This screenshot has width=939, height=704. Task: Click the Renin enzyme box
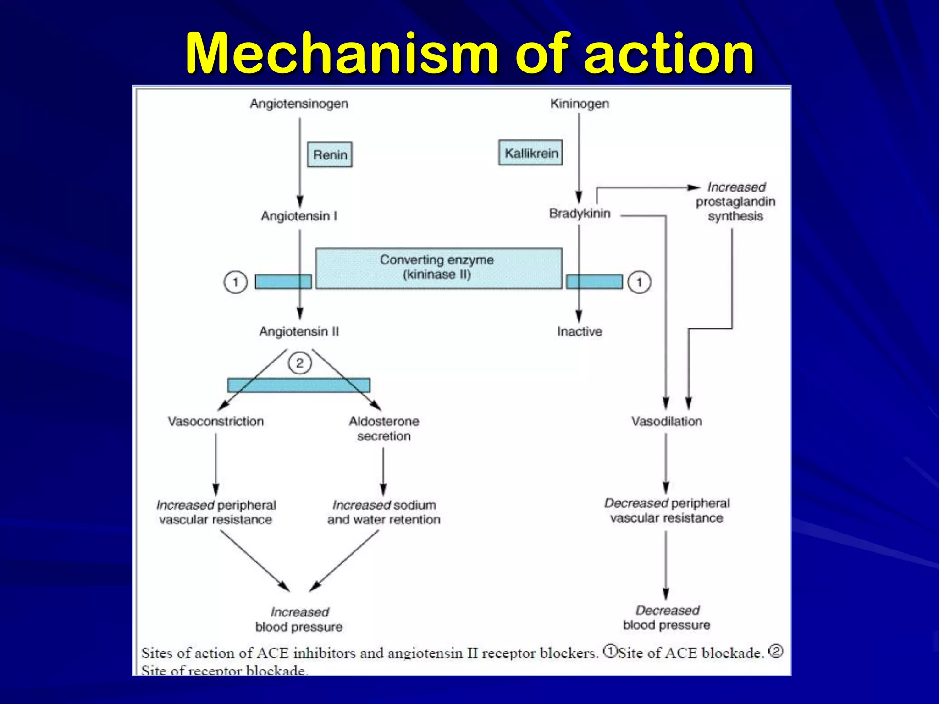(x=330, y=154)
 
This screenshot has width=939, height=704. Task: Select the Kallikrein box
(x=530, y=153)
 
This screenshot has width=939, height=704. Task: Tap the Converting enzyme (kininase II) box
(x=438, y=268)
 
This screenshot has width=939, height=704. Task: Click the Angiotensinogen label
(x=299, y=104)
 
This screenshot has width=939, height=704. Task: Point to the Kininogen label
(x=580, y=104)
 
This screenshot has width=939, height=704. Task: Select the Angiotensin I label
(x=299, y=216)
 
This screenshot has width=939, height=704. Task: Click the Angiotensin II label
(x=299, y=331)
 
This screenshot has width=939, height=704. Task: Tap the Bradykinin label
(x=580, y=214)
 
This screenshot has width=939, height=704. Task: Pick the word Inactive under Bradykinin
(x=580, y=331)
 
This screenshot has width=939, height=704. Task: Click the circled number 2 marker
(x=300, y=363)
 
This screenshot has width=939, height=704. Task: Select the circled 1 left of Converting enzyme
(x=236, y=282)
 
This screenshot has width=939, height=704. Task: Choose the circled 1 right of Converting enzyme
(x=639, y=282)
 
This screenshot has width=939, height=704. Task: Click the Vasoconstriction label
(x=215, y=421)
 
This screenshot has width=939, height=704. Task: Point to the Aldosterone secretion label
(x=384, y=429)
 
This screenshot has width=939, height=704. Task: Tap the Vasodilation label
(x=667, y=421)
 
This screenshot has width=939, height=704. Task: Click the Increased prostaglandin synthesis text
(x=735, y=202)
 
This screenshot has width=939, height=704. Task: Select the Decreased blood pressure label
(x=667, y=617)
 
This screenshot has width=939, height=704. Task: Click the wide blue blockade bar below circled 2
(x=299, y=385)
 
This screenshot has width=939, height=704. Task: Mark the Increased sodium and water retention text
(x=384, y=512)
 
